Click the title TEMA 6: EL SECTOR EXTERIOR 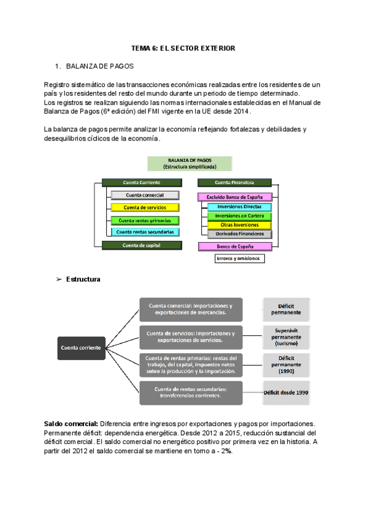click(x=183, y=48)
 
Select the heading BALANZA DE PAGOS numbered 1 click(x=99, y=65)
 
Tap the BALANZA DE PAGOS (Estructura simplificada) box click(x=190, y=163)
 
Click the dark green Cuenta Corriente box click(x=142, y=182)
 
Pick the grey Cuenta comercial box click(x=145, y=195)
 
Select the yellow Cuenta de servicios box click(x=145, y=208)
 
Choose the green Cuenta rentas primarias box click(x=145, y=220)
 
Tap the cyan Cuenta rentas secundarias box click(x=145, y=232)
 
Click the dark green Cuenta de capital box click(x=142, y=245)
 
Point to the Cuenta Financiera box click(x=234, y=182)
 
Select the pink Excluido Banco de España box click(x=234, y=197)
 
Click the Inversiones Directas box click(x=239, y=207)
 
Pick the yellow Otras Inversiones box click(x=239, y=225)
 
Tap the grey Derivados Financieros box click(x=239, y=234)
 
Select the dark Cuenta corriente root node click(x=81, y=348)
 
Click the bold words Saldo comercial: click(x=71, y=424)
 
